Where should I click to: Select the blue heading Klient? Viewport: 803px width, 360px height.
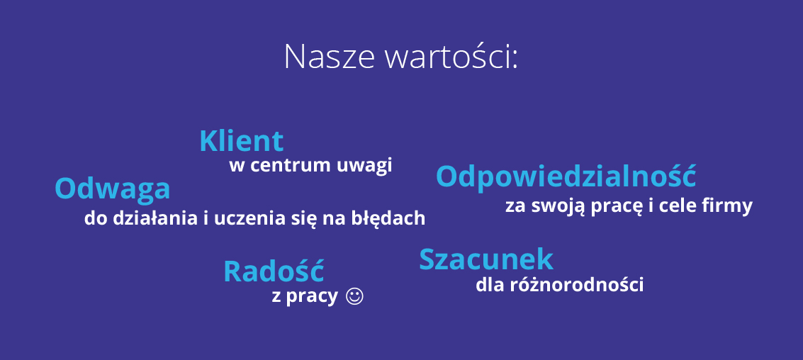coord(241,141)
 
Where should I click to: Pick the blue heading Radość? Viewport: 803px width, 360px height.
coord(274,271)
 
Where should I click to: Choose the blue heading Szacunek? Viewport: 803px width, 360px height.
coord(486,259)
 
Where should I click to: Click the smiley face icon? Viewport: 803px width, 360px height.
coord(354,296)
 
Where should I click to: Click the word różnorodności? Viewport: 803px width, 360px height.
coord(577,285)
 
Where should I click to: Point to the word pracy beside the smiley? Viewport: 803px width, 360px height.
coord(312,298)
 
